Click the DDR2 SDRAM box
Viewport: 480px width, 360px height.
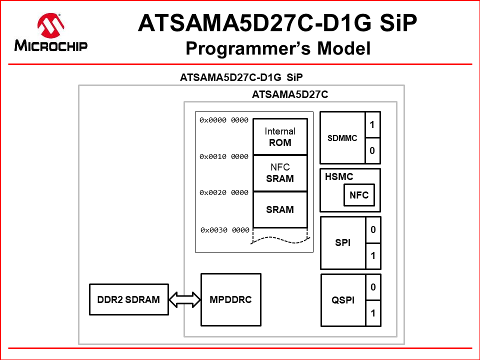pos(129,300)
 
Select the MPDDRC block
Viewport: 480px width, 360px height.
pos(230,300)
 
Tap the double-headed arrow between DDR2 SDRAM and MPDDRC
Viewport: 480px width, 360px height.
pos(184,300)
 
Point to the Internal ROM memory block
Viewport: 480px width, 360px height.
pos(280,136)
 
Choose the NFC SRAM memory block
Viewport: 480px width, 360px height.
pos(280,173)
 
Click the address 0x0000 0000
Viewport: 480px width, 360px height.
pos(224,120)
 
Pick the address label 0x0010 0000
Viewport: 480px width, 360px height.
pos(224,156)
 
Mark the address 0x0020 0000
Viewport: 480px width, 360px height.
pos(224,192)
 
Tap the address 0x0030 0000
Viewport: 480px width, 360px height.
pos(225,230)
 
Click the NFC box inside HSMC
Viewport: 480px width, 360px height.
pos(359,195)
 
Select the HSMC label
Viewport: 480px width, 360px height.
pos(339,176)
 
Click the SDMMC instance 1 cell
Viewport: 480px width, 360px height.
pos(372,124)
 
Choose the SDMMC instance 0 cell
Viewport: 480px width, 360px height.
pos(372,150)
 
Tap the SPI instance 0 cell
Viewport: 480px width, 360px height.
pos(372,230)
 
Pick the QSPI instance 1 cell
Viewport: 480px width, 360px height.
pos(372,313)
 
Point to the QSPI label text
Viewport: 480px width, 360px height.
pos(343,300)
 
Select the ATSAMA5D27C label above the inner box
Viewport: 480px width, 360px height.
pos(290,94)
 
